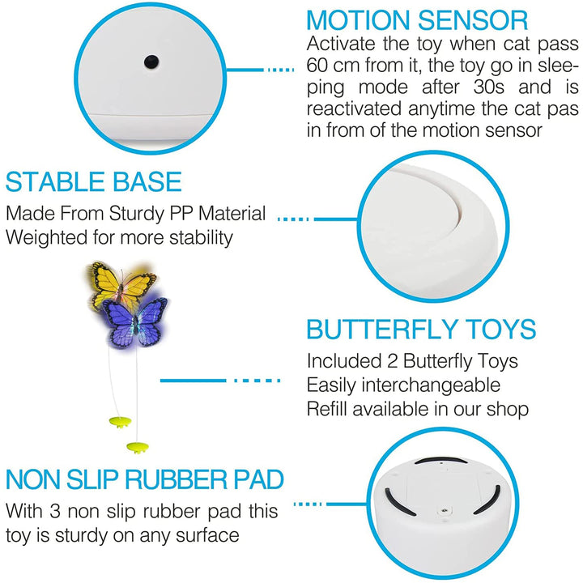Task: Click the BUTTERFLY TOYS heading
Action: tap(421, 330)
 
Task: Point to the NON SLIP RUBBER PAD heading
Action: tap(145, 479)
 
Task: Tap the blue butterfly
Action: tap(136, 322)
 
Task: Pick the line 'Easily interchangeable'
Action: tap(403, 385)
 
